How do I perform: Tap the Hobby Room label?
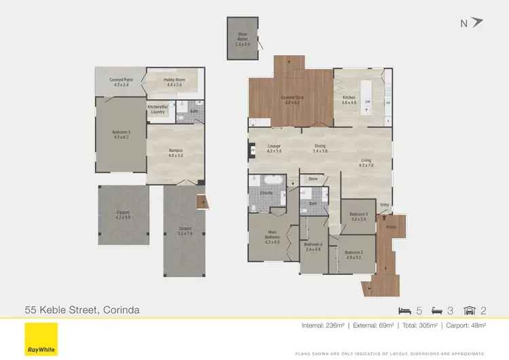tap(173, 82)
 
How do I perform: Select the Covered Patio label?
tap(120, 82)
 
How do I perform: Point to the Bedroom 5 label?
tap(121, 134)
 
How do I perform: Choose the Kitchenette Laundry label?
tap(157, 109)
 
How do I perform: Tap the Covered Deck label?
tap(293, 100)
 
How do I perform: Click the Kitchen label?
tap(349, 100)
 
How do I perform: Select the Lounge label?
tap(275, 148)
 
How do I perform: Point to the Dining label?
tap(320, 148)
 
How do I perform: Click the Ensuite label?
tap(266, 193)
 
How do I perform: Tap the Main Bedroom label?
tap(272, 238)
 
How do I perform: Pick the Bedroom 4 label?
tap(313, 247)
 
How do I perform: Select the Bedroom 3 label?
tap(358, 216)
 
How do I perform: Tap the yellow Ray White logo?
tap(39, 334)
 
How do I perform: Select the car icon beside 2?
tap(469, 310)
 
